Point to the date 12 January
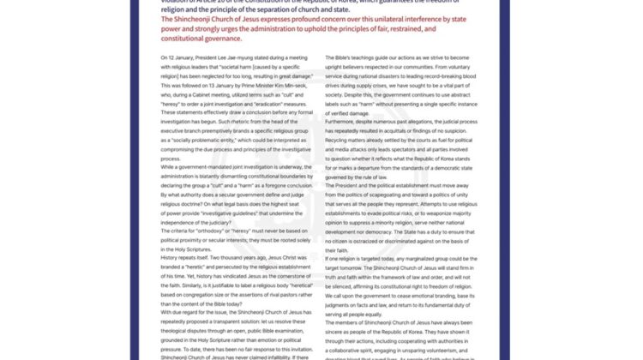176,57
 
